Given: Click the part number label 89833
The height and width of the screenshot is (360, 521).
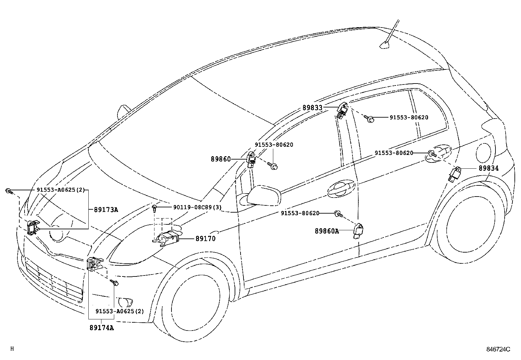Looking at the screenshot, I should tap(312, 107).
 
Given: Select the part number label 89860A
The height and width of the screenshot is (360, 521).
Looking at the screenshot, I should tap(327, 231).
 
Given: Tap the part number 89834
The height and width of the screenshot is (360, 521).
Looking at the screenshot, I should tap(489, 168).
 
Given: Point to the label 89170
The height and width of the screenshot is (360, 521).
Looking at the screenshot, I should tap(206, 239).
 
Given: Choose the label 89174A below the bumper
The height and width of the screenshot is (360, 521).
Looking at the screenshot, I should tap(101, 327).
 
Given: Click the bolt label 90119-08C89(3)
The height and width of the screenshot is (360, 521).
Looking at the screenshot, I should tap(197, 207).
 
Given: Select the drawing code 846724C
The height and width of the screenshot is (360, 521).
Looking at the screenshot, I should tap(498, 349).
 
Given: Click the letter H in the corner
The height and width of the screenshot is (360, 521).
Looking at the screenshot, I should tap(12, 349).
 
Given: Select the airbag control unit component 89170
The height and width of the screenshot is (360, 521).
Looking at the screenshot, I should tap(169, 237).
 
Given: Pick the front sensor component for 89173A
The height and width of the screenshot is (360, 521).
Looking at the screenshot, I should tap(33, 227).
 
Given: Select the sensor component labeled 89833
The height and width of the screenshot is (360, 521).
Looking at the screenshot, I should tap(342, 111).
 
